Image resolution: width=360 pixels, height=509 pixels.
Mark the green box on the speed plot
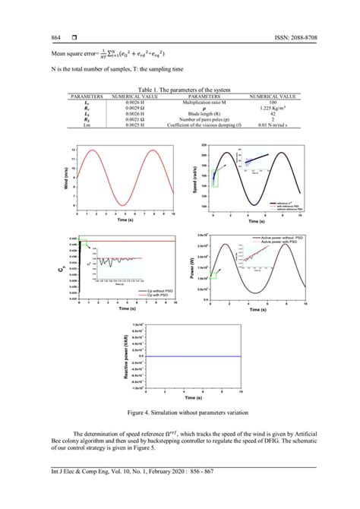215,179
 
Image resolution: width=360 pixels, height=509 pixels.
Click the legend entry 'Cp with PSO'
141,294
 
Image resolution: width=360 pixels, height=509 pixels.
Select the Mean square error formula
106,54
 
